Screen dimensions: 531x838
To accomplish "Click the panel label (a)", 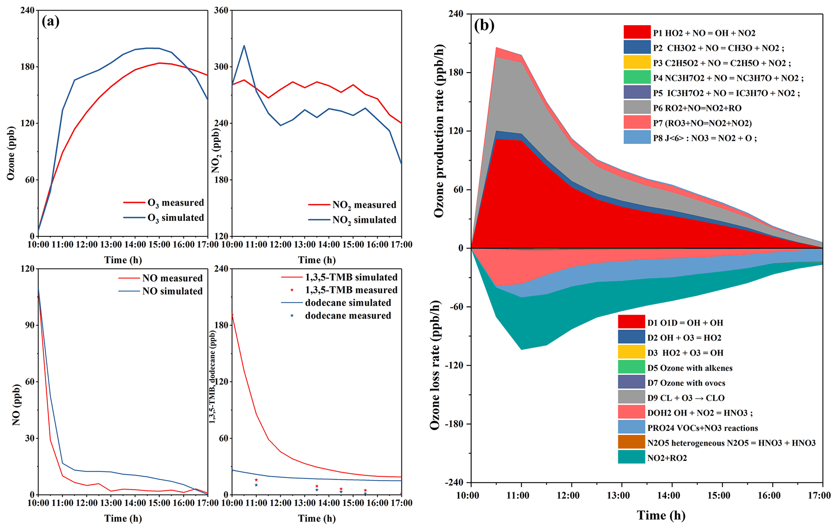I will point(51,21).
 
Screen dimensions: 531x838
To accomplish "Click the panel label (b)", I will point(484,26).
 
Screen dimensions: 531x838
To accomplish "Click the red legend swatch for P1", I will point(637,32).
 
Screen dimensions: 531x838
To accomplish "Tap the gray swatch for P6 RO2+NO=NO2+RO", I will point(637,107).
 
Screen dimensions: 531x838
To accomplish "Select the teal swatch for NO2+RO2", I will point(631,457).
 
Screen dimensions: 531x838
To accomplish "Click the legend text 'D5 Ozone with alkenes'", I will point(690,368).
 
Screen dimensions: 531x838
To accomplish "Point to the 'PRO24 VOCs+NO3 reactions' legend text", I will point(702,428).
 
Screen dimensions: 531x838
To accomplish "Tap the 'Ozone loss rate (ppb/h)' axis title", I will point(435,365).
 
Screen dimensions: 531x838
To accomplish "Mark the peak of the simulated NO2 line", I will point(244,45).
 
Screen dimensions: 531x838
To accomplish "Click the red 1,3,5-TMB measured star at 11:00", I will point(256,480).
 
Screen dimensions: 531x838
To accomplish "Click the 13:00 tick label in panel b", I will point(621,495).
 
